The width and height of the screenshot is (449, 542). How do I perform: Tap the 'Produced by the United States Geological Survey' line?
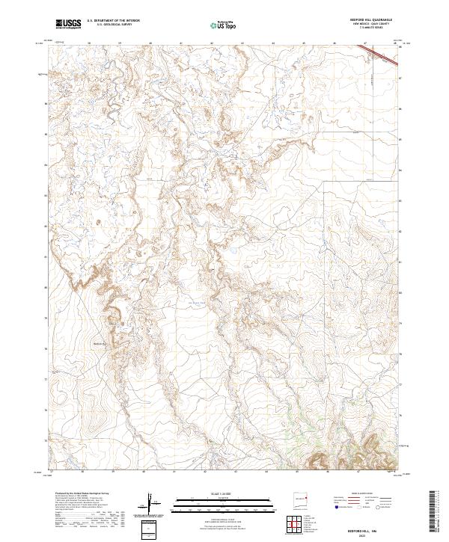pyautogui.click(x=83, y=493)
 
